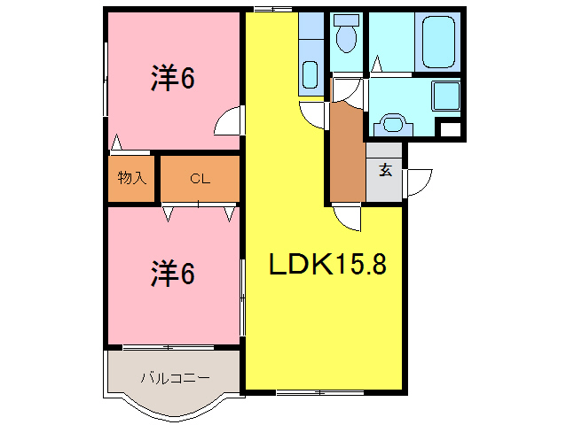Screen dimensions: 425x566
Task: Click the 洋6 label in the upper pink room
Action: tap(172, 79)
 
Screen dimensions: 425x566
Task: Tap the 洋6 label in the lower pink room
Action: tap(172, 274)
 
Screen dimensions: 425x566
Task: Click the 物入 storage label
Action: tap(132, 178)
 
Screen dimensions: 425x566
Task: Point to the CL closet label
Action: tap(200, 178)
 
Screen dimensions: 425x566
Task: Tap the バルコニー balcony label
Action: tap(175, 378)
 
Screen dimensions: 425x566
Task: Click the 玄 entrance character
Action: tap(386, 170)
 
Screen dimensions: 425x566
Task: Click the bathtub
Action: tap(438, 40)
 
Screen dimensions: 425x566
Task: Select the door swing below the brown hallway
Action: tap(347, 218)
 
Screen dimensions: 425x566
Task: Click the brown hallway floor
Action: tap(346, 151)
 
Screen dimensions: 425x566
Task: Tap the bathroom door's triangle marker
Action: tap(377, 65)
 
